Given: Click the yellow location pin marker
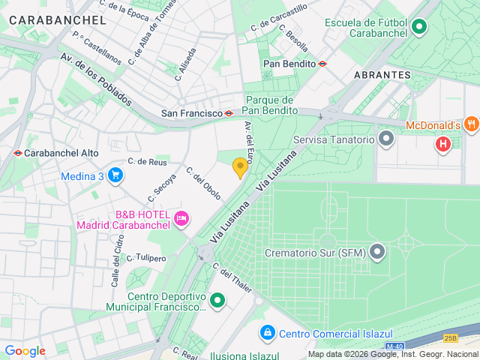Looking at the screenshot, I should click(x=240, y=168).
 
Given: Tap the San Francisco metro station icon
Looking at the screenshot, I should click(x=229, y=113).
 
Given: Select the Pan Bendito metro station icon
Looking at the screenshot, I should click(x=322, y=64).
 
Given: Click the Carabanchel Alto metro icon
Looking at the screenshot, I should click(x=17, y=153).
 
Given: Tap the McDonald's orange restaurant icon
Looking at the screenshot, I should click(x=471, y=124).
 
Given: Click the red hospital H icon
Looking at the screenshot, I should click(x=443, y=142).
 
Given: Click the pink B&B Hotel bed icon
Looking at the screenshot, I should click(x=181, y=219).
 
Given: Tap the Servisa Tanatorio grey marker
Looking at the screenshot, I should click(x=386, y=139).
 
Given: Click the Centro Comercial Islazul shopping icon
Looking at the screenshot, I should click(x=267, y=331).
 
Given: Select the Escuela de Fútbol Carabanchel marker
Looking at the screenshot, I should click(x=419, y=28).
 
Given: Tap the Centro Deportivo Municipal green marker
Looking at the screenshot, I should click(x=217, y=301).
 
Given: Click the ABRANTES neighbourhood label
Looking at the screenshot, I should click(x=382, y=75).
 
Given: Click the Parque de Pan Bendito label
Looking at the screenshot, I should click(x=270, y=105).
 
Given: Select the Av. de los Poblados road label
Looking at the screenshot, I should click(x=96, y=78).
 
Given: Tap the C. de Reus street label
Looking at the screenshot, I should click(x=146, y=161).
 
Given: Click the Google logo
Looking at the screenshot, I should click(x=25, y=351).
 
